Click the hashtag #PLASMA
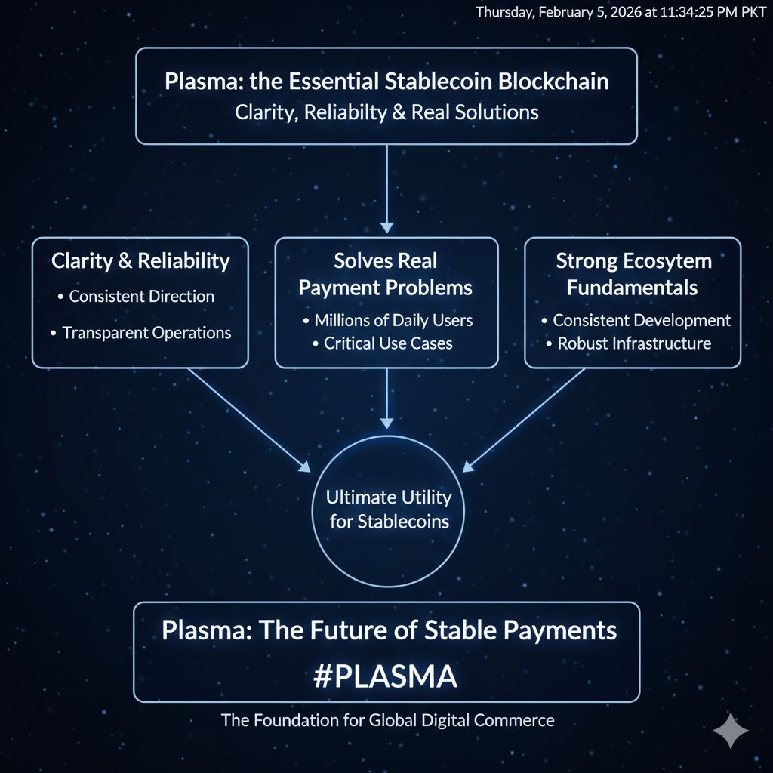386,676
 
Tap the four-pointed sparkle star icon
731,731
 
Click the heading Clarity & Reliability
140,261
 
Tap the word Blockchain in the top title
554,82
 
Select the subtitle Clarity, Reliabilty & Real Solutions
386,112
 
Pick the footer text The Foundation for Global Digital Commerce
387,720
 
